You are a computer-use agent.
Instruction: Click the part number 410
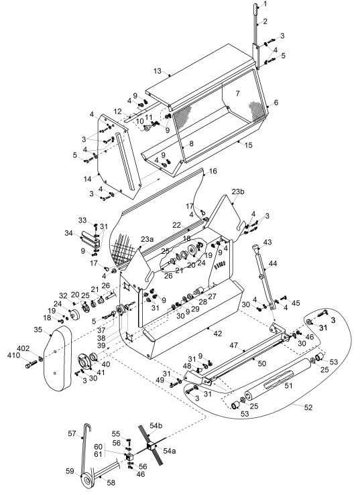click(x=13, y=355)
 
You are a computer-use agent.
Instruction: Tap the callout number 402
click(x=23, y=348)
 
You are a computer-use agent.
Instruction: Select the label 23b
click(x=238, y=192)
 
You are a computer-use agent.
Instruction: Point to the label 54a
click(x=170, y=451)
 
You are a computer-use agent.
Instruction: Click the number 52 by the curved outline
click(x=308, y=407)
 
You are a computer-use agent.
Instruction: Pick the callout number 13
click(x=158, y=71)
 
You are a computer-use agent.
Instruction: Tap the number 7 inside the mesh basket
click(x=238, y=93)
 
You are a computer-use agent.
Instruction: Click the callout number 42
click(x=218, y=334)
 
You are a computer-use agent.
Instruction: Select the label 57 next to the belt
click(x=72, y=433)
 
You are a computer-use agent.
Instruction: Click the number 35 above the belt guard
click(x=38, y=330)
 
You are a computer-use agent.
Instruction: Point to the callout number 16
click(x=213, y=171)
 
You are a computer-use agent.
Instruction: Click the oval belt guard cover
click(x=58, y=359)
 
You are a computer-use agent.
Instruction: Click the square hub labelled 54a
click(x=150, y=446)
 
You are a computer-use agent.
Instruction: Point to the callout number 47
click(x=233, y=346)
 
